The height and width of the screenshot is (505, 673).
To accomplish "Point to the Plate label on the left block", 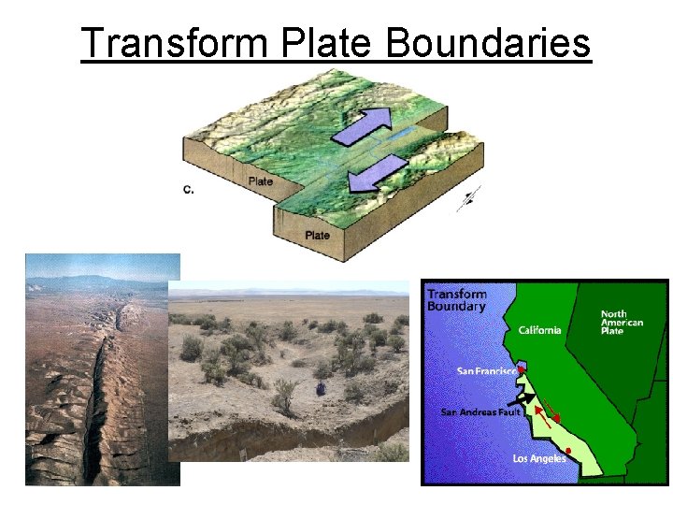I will tap(261, 180).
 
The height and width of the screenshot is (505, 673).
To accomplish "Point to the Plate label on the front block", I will tap(317, 235).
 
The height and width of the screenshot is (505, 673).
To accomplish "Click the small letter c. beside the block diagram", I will tap(188, 189).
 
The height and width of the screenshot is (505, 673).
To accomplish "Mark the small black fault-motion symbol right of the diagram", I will tap(470, 198).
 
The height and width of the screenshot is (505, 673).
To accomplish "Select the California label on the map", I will tap(539, 329).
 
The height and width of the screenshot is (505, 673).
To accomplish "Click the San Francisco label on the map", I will tap(485, 371).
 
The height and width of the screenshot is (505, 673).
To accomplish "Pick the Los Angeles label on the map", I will tap(539, 458).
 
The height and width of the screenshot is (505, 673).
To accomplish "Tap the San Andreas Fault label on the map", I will tap(480, 411).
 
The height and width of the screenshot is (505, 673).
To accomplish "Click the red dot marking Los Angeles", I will tap(568, 452).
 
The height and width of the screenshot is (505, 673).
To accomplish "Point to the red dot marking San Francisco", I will tap(520, 370).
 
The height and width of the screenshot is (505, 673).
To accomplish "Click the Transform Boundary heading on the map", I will tap(457, 300).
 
